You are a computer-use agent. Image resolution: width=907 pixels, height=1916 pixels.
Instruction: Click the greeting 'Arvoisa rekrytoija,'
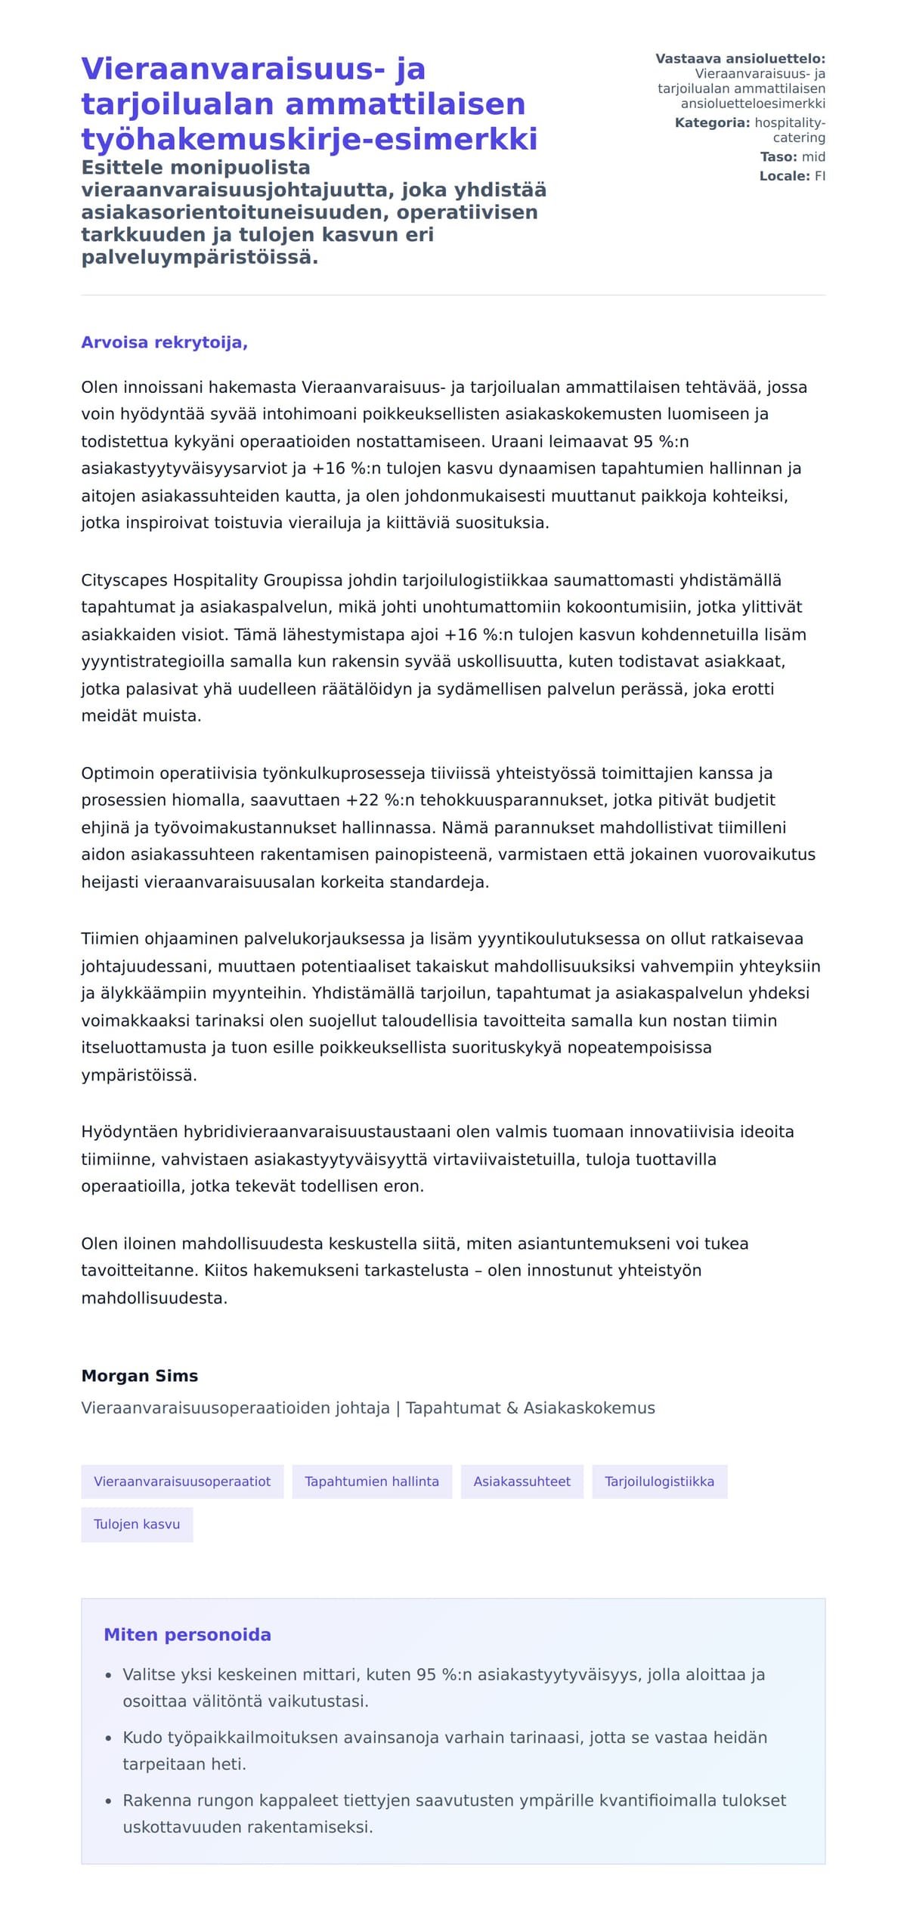(164, 342)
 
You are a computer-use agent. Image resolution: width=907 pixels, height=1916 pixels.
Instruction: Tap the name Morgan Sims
(139, 1376)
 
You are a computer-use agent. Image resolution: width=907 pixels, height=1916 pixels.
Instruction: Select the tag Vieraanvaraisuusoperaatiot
(182, 1482)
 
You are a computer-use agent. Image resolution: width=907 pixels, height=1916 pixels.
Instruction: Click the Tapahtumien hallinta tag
(371, 1482)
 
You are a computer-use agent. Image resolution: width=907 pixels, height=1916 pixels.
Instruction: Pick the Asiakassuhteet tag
(522, 1482)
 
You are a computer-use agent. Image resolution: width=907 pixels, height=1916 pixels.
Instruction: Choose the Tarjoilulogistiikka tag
(659, 1482)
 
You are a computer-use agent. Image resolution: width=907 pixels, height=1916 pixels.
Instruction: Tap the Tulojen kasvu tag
(137, 1525)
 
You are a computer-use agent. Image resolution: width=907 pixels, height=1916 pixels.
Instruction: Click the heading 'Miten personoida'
(187, 1634)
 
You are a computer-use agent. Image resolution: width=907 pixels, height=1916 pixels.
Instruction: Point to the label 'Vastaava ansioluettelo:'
(740, 59)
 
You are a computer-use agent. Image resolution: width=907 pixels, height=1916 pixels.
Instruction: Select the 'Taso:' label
(779, 157)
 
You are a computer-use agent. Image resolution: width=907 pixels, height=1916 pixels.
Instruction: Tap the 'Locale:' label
(785, 176)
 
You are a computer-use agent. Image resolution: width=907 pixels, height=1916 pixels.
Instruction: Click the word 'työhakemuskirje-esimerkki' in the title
(309, 139)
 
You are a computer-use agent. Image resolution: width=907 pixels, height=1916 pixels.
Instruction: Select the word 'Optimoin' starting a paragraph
(118, 773)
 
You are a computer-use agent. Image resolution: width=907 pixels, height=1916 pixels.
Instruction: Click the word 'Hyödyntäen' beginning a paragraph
(128, 1132)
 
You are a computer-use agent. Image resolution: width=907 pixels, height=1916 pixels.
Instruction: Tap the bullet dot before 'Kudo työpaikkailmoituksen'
(109, 1738)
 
